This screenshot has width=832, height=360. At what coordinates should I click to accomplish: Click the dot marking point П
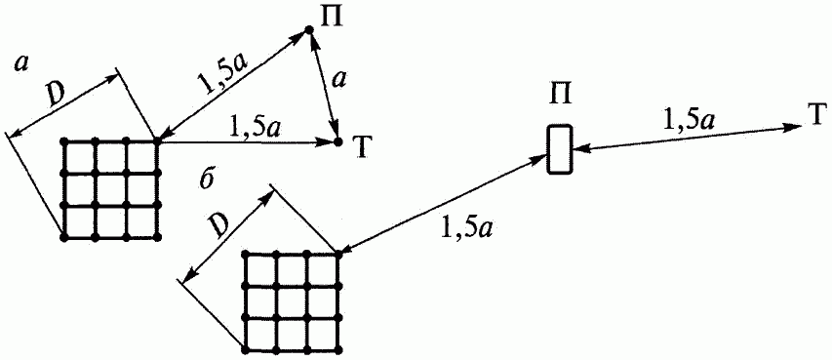tap(309, 32)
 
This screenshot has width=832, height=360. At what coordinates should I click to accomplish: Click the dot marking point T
tap(338, 142)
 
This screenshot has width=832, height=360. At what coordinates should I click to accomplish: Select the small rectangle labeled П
tap(560, 149)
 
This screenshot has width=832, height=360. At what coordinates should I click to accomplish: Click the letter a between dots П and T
tap(336, 80)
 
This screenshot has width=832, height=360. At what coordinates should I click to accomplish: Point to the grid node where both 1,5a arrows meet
tap(158, 141)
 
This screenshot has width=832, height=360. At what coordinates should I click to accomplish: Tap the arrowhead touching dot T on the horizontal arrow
tap(327, 142)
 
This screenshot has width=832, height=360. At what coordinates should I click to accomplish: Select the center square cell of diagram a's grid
tap(110, 189)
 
